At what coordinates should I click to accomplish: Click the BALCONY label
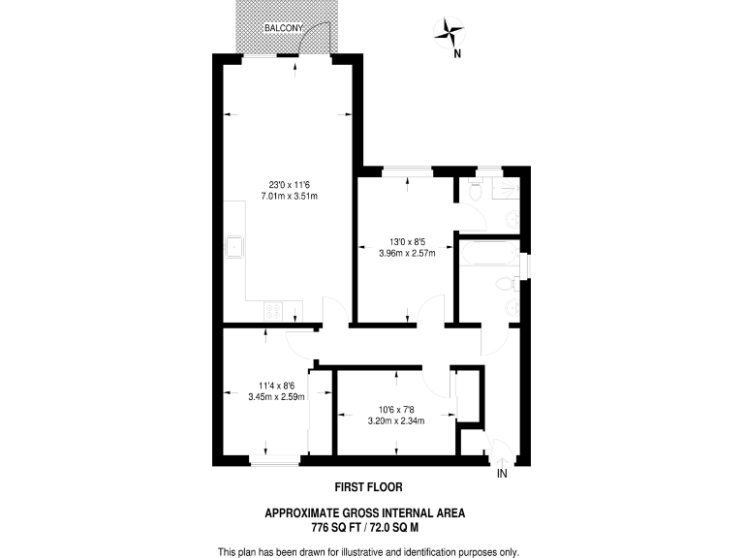coord(285,29)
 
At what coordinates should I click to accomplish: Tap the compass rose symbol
coord(449,32)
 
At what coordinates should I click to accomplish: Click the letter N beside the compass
coord(457,54)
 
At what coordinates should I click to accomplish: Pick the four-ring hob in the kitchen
coord(275,312)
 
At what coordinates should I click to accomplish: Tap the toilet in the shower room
coord(475,190)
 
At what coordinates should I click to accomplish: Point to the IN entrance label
coord(502,475)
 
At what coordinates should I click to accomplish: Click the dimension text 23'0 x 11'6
coord(289,185)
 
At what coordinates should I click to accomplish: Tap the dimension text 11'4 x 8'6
coord(276,384)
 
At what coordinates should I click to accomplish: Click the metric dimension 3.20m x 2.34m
coord(395,420)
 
